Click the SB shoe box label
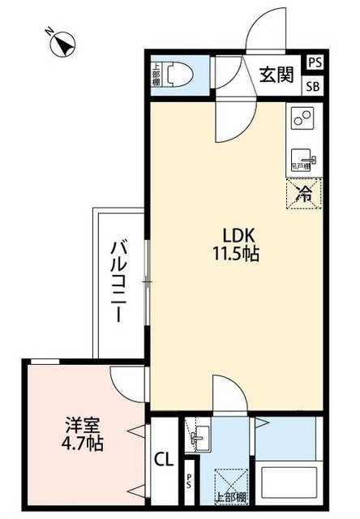pos(313,85)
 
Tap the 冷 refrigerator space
pos(303,192)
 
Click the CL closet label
pos(163,460)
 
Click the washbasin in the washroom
pos(198,439)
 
